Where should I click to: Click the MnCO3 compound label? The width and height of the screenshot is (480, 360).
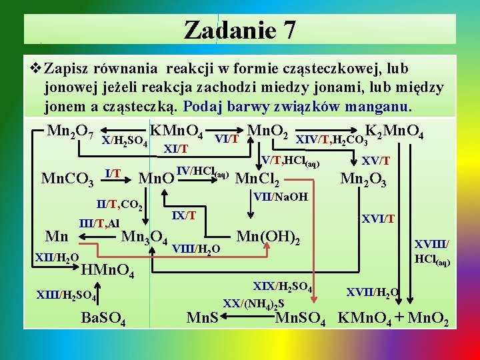pyautogui.click(x=67, y=179)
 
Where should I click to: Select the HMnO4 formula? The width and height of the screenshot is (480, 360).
pyautogui.click(x=108, y=271)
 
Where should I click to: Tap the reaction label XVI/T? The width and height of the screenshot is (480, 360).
pyautogui.click(x=378, y=219)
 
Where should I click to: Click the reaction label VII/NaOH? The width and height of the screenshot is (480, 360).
pyautogui.click(x=281, y=197)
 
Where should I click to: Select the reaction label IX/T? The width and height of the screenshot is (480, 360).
pyautogui.click(x=183, y=215)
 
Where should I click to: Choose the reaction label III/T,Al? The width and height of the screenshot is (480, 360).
pyautogui.click(x=99, y=223)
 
